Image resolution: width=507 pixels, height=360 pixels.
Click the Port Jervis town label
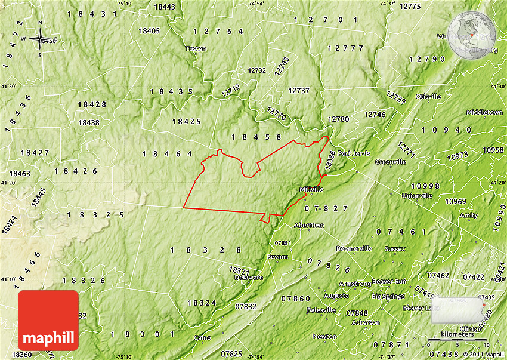(x=354, y=153)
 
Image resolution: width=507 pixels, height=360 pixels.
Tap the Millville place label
(x=311, y=189)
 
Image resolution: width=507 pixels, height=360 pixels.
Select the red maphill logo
(x=48, y=321)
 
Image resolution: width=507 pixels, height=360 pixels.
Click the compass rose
(x=41, y=40)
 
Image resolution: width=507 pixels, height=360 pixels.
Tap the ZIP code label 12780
(x=338, y=119)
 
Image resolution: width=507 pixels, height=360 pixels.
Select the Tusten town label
(x=196, y=48)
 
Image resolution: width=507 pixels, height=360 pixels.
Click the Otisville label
(x=428, y=96)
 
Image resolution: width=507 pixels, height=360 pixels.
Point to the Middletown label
(x=484, y=112)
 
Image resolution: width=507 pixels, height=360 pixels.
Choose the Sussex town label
(x=395, y=248)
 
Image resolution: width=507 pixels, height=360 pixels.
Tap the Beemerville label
(x=354, y=248)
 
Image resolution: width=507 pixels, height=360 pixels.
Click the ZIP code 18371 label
(x=239, y=270)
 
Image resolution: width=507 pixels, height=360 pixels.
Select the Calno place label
(x=202, y=337)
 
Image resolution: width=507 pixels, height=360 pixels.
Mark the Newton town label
(x=324, y=336)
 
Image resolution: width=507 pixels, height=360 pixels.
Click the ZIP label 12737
(x=299, y=91)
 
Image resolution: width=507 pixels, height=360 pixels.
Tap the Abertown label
(x=309, y=226)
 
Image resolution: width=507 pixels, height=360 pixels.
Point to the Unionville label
(x=417, y=195)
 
